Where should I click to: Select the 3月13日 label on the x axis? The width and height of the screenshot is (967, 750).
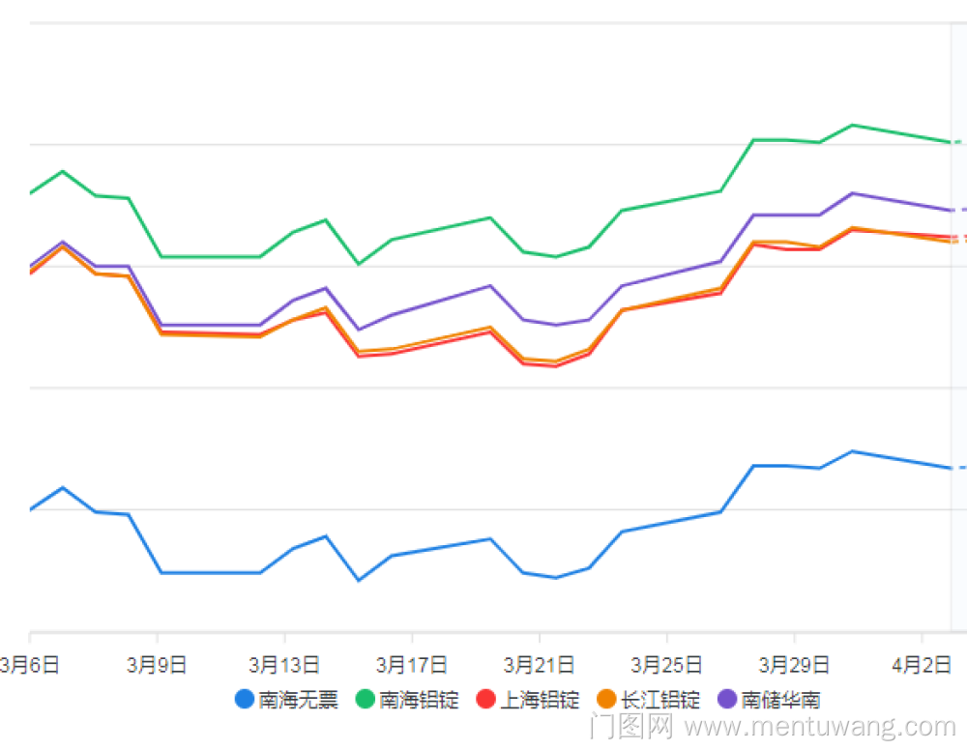[x=284, y=665]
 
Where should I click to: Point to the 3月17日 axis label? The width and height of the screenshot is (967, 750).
[x=412, y=665]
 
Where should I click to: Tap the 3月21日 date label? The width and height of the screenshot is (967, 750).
[x=540, y=665]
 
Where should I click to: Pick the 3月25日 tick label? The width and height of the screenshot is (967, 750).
[x=667, y=665]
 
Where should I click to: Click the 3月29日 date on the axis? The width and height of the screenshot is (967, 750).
[x=795, y=665]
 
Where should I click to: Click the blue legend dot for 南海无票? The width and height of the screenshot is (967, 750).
[x=245, y=699]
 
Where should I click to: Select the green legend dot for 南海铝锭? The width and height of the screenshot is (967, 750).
[x=366, y=699]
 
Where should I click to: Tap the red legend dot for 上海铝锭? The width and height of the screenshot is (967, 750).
[x=486, y=699]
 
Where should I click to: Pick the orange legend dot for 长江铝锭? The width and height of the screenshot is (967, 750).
[x=607, y=699]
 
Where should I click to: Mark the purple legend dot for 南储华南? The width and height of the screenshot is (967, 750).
[x=727, y=699]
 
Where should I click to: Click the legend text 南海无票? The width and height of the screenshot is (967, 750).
[x=299, y=700]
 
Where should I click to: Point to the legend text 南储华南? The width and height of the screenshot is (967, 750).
[x=781, y=700]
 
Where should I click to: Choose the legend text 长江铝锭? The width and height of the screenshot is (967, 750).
[x=660, y=700]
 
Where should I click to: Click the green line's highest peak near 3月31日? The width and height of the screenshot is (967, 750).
[x=852, y=125]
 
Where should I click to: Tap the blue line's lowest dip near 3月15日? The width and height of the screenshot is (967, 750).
[x=359, y=580]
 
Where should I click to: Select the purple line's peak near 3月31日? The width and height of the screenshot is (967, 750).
[x=852, y=192]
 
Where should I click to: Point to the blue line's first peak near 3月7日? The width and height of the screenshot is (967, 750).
[x=63, y=487]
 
